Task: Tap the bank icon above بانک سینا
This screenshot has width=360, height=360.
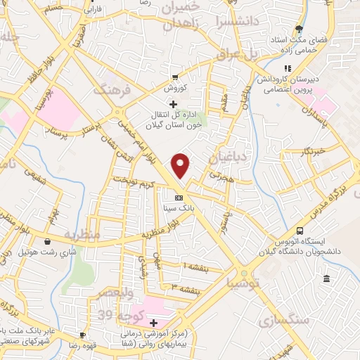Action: [179, 198]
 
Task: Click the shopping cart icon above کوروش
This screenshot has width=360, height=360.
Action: [175, 77]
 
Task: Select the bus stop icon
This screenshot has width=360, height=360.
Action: [300, 231]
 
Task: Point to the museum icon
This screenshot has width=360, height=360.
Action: [326, 280]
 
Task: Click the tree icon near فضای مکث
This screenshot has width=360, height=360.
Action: [300, 30]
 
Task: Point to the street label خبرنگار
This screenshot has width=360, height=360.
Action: [310, 152]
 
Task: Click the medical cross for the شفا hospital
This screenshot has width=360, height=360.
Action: [153, 323]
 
